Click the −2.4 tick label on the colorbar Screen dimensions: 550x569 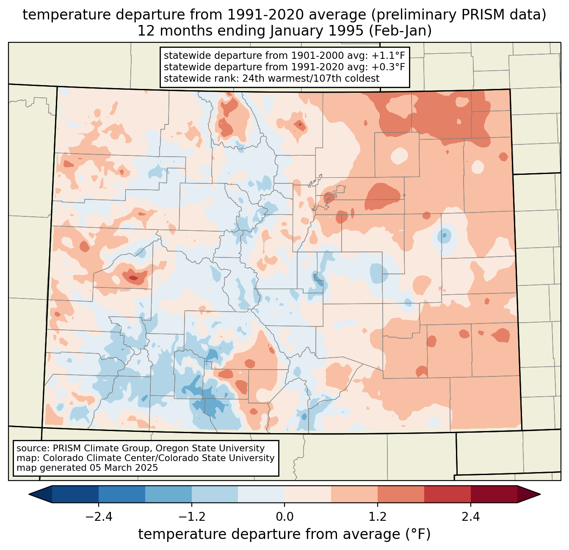pos(99,517)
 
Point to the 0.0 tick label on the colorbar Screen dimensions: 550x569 pos(284,517)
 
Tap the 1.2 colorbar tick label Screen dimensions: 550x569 pos(378,517)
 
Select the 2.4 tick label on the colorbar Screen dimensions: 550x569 pos(470,517)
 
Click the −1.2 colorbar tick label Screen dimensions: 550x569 pos(192,517)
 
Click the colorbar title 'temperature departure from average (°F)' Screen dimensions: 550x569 pos(284,534)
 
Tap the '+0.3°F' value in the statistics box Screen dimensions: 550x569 pos(388,67)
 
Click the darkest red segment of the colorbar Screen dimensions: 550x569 pos(494,494)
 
